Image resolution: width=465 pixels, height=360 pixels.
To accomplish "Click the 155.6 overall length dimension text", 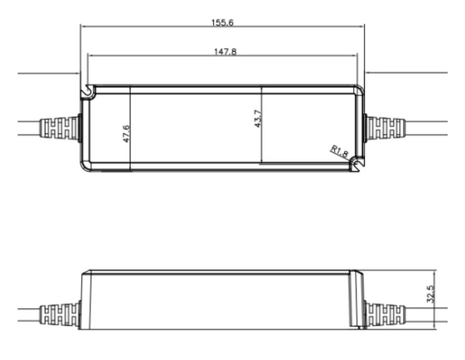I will [x=222, y=22].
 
